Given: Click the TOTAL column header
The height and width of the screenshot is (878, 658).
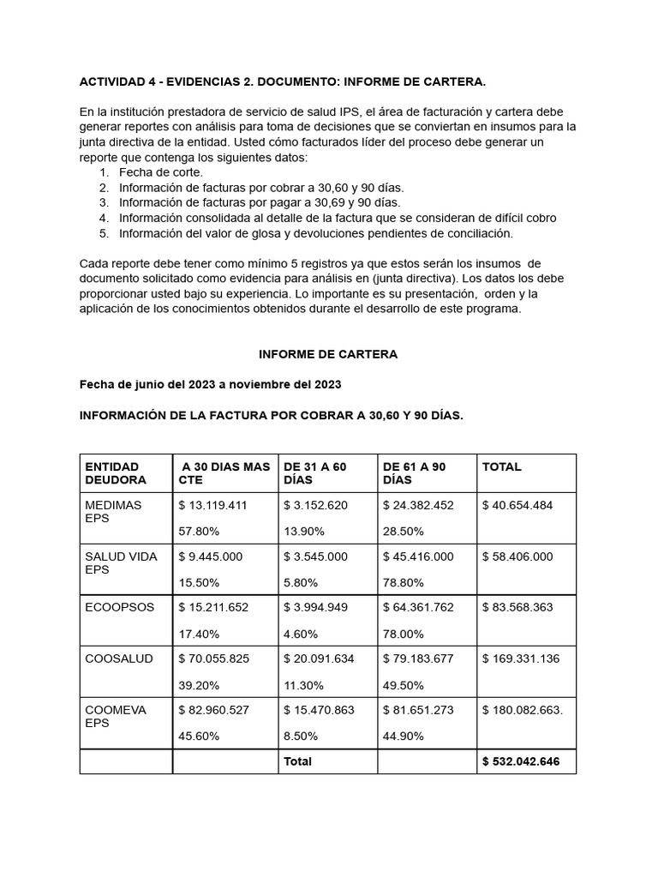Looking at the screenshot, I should click(x=502, y=467).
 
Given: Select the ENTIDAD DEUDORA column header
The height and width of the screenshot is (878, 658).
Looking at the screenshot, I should click(x=116, y=473).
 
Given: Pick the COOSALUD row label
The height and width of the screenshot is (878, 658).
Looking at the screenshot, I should click(x=119, y=658).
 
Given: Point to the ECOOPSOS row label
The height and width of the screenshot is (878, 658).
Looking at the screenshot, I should click(x=120, y=607).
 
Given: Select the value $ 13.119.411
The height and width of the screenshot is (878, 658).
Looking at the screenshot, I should click(x=212, y=505).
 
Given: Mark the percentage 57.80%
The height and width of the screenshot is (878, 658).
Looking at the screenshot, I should click(x=199, y=532).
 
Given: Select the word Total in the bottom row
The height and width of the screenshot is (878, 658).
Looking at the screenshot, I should click(x=297, y=761).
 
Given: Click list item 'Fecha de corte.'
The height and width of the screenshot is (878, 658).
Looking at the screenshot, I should click(x=160, y=172).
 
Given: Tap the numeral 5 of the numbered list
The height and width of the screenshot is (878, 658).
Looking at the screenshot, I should click(x=103, y=233).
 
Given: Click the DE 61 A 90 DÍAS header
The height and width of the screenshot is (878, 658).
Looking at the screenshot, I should click(x=415, y=473).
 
